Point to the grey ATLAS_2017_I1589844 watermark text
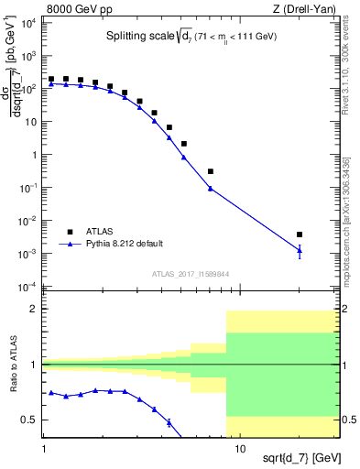192,274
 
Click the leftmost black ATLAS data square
51,80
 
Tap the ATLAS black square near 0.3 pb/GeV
211,171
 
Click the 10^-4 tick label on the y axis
30,287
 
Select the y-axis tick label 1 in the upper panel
36,154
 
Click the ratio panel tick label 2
36,310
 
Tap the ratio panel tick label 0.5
33,420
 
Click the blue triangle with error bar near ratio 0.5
169,422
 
